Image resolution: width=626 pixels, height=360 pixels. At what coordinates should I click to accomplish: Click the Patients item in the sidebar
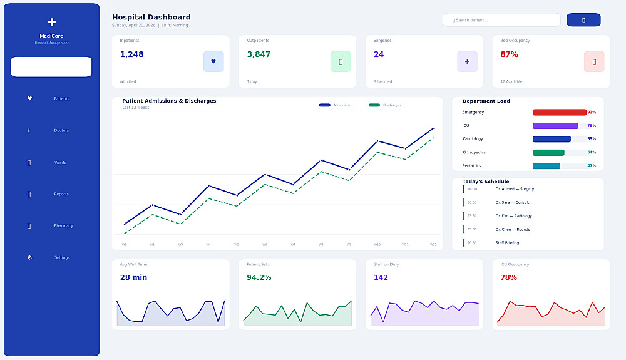(x=61, y=99)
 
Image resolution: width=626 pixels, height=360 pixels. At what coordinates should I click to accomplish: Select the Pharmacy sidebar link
(x=63, y=226)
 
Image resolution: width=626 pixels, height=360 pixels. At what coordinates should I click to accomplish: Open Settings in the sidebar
(x=61, y=258)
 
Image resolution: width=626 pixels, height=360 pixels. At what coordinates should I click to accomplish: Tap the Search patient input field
(x=501, y=20)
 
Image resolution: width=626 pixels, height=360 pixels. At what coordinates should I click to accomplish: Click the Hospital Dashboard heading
(x=151, y=18)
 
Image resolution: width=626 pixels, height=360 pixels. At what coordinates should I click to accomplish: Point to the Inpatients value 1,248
(x=132, y=54)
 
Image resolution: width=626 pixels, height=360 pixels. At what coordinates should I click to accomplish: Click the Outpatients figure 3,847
(x=259, y=54)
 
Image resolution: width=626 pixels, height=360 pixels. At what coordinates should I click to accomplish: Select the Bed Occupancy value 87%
(x=509, y=54)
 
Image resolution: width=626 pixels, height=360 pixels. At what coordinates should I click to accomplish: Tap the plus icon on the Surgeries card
(x=467, y=61)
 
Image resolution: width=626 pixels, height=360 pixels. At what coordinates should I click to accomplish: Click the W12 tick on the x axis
(x=433, y=245)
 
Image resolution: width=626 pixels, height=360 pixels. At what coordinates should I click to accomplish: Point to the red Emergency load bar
(x=559, y=113)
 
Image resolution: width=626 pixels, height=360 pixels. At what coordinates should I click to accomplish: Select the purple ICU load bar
(x=555, y=126)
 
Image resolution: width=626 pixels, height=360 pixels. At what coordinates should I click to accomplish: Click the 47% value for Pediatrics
(x=592, y=166)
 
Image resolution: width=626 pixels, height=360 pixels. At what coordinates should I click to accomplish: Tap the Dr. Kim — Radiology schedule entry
(x=513, y=216)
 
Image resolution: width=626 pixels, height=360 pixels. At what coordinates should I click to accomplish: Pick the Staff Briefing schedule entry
(x=507, y=243)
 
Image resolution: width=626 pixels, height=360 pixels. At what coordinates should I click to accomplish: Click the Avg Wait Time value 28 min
(x=133, y=277)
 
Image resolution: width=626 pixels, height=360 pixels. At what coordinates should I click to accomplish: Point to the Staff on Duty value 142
(x=381, y=277)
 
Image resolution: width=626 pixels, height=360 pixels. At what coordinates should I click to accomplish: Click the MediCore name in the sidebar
(x=51, y=36)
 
